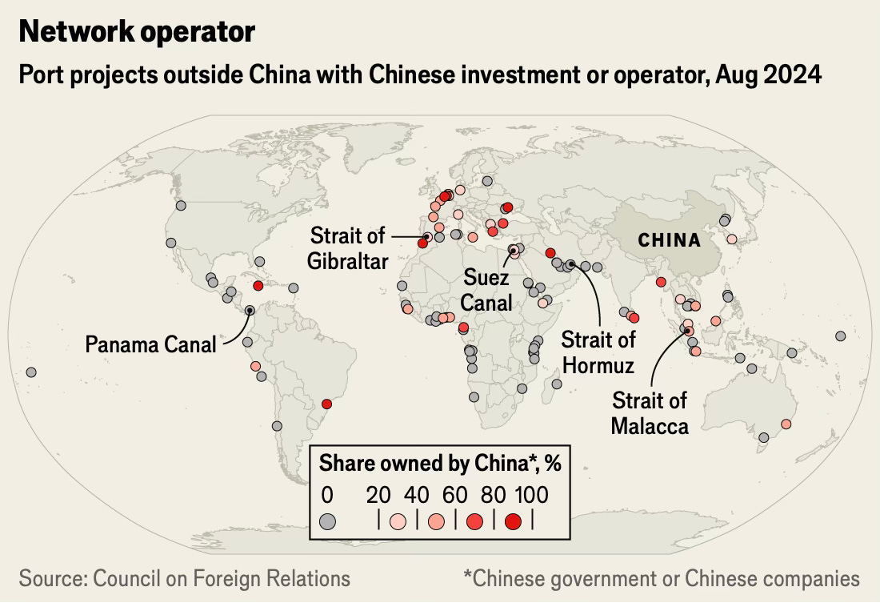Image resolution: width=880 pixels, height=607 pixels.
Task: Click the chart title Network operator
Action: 137,31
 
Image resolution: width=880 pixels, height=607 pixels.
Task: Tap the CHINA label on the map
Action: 670,240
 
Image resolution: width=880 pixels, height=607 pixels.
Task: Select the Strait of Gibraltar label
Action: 347,248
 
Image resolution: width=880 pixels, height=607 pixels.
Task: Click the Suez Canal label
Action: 486,290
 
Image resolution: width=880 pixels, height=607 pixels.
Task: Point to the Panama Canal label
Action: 150,344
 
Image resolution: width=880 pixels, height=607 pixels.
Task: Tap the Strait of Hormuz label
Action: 598,352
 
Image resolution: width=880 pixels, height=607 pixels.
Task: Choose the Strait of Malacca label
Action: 650,413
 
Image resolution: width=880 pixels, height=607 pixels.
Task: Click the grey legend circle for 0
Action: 327,521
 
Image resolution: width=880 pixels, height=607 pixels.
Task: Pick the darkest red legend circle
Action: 513,521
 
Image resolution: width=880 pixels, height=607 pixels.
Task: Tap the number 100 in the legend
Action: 531,495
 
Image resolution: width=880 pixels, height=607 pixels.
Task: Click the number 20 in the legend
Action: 378,495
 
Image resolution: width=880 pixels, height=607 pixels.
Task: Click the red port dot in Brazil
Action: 326,404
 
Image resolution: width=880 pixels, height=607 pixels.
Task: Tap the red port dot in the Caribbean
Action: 258,286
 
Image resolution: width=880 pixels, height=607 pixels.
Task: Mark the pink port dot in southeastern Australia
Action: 786,424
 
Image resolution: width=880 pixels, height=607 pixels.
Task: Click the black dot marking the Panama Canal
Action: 250,310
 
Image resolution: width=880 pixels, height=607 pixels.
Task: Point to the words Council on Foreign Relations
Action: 221,578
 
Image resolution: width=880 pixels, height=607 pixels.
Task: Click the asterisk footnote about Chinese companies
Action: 662,578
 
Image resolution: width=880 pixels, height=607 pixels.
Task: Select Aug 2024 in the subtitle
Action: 768,74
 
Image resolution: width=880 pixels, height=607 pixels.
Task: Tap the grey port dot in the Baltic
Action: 487,181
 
